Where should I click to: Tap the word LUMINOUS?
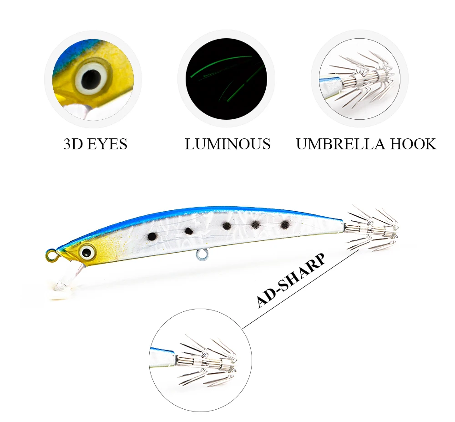pos(228,144)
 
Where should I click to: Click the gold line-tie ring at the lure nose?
pos(52,255)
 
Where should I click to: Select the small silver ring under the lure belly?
pos(202,254)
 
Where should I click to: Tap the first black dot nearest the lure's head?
pos(152,237)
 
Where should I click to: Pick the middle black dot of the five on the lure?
pos(227,225)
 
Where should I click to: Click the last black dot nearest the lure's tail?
pos(286,224)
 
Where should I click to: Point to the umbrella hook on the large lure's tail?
pos(371,229)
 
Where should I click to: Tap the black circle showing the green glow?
pos(226,79)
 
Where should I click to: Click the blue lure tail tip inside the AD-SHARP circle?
pos(162,356)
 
